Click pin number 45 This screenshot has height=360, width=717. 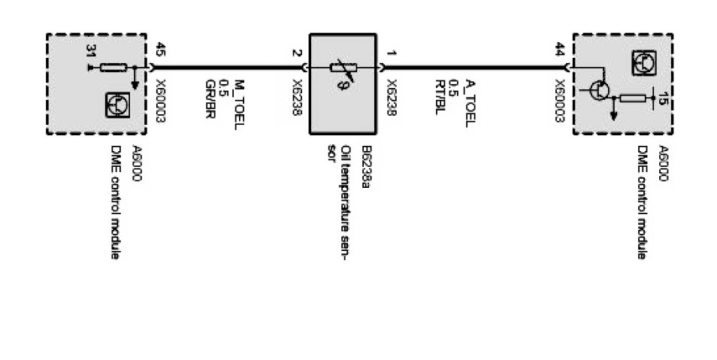pos(160,52)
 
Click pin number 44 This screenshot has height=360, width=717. pos(560,52)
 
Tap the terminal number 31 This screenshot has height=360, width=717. pos(92,52)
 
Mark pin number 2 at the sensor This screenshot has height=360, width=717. pos(298,53)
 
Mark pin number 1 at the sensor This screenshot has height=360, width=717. pos(392,53)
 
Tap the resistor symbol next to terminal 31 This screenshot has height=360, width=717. pos(112,68)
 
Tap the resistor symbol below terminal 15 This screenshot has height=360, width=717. pos(634,97)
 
